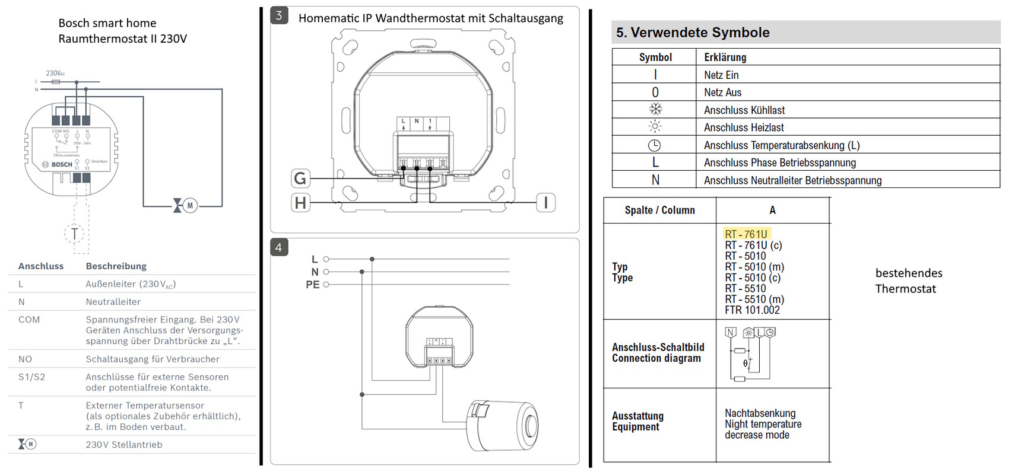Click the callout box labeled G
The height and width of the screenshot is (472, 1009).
point(300,178)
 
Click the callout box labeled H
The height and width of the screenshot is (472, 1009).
point(300,203)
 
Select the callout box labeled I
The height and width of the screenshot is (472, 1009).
point(545,203)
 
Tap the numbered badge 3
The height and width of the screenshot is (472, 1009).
point(279,16)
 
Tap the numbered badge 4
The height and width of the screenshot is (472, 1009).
point(279,247)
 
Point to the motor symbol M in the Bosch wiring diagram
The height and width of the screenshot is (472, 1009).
point(189,206)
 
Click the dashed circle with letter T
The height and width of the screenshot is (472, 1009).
point(74,233)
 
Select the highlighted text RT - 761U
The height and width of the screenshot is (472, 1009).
point(746,234)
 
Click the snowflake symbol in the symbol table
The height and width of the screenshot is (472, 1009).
point(655,110)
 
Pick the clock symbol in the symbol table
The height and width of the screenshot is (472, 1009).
point(654,145)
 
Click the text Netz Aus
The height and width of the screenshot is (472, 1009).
point(722,93)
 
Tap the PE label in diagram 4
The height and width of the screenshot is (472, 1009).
point(313,285)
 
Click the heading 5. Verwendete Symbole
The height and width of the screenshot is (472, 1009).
point(693,33)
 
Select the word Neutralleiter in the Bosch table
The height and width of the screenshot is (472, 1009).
point(113,302)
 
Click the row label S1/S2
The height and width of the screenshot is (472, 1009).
point(31,377)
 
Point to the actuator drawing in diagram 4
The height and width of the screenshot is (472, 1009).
point(502,425)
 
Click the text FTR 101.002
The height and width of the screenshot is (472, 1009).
point(752,310)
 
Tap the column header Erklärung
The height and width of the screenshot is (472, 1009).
point(725,58)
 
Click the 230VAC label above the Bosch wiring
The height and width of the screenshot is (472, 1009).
point(55,74)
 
